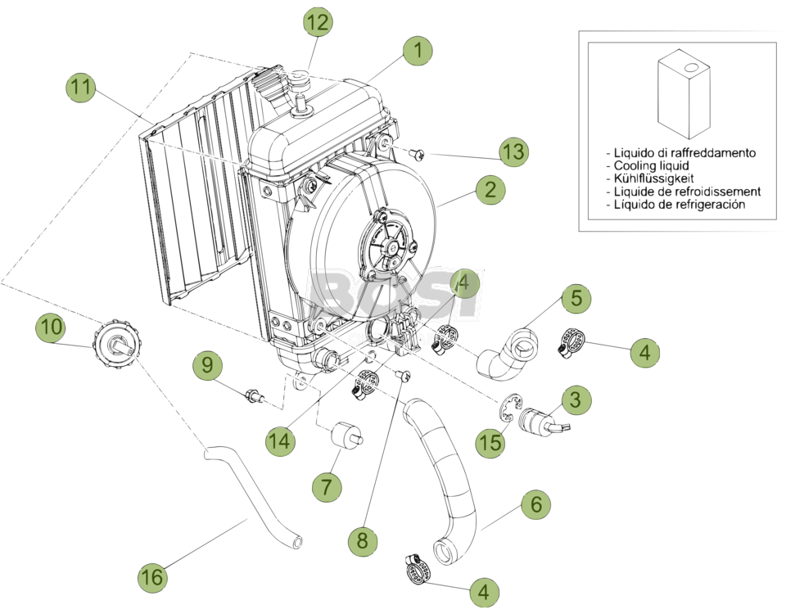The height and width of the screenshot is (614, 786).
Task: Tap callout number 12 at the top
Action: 318,23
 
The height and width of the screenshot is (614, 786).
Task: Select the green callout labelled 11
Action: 82,87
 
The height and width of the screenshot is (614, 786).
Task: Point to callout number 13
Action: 513,151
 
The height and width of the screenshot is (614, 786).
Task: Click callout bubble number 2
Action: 490,191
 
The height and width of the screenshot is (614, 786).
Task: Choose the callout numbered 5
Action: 576,299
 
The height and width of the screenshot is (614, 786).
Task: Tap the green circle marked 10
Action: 51,327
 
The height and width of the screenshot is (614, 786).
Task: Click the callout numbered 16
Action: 151,577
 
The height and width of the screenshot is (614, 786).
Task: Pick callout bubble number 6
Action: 535,504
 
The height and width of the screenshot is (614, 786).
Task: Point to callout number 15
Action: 490,443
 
